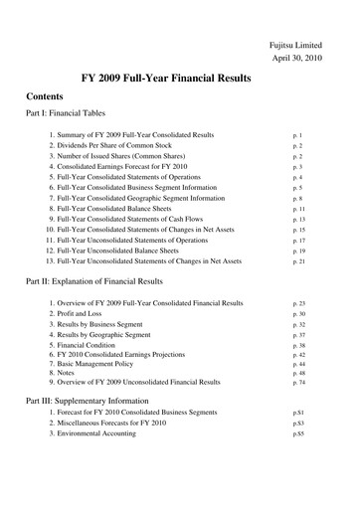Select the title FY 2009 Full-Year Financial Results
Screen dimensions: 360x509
[x=179, y=79]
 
